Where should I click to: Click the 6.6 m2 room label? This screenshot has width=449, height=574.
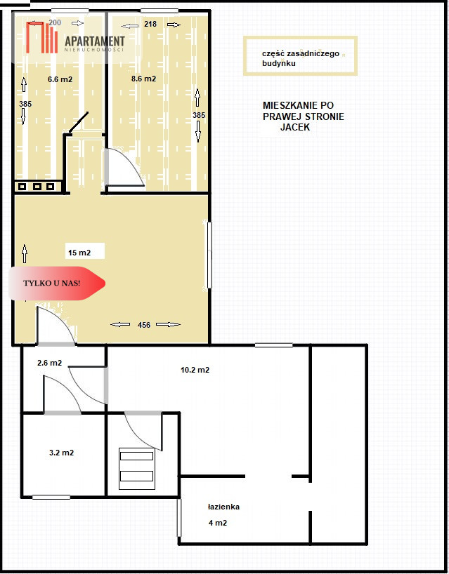click(60, 79)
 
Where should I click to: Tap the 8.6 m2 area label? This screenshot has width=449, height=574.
click(143, 79)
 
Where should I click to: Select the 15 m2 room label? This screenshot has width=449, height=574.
click(79, 253)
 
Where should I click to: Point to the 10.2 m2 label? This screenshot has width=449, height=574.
click(195, 370)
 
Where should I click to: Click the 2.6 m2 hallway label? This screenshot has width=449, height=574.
click(49, 363)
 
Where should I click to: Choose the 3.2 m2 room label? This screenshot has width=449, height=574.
click(62, 453)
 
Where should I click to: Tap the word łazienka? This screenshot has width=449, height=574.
click(223, 507)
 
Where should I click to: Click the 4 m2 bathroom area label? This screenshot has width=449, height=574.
click(218, 523)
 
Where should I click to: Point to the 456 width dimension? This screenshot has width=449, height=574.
click(144, 325)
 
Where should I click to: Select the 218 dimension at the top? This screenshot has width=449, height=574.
click(150, 24)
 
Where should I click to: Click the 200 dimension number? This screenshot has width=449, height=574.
click(55, 22)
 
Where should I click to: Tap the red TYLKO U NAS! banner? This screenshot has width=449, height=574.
click(57, 283)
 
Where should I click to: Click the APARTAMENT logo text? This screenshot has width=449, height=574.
click(95, 41)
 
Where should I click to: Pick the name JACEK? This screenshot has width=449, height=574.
click(295, 128)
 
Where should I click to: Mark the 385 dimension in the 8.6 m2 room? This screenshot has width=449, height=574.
click(199, 115)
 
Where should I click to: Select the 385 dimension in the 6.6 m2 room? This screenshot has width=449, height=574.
click(25, 104)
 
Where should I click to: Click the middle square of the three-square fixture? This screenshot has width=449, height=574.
click(37, 187)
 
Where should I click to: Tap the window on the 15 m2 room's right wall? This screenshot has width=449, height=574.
click(209, 255)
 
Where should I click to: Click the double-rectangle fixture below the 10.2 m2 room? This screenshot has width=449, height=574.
click(137, 469)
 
